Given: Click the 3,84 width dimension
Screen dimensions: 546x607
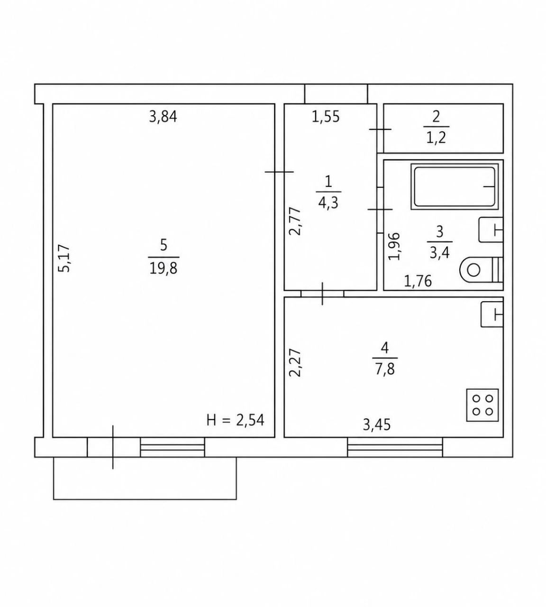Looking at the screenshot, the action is click(x=163, y=117).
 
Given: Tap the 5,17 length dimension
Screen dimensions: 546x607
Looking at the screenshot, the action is click(x=64, y=258).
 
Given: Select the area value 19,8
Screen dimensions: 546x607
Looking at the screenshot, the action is click(x=164, y=268).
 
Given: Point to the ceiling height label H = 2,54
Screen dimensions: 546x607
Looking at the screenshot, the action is click(x=236, y=420).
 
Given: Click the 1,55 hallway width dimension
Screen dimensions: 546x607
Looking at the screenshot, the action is click(x=326, y=117).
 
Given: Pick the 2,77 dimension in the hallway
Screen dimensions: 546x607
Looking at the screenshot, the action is click(x=295, y=221).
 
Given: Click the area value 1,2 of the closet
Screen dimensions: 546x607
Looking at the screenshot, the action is click(x=436, y=138).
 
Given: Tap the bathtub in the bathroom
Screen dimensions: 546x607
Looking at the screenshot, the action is click(x=455, y=186).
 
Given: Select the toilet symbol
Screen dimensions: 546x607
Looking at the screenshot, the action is click(x=481, y=270).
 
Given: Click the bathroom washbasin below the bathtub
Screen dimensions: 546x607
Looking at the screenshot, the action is click(x=491, y=230).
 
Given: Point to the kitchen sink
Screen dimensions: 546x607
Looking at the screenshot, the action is click(x=492, y=314).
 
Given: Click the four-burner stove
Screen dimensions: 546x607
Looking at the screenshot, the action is click(x=482, y=405).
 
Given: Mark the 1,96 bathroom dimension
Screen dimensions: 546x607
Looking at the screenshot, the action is click(x=394, y=246).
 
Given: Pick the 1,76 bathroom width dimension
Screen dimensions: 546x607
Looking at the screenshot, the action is click(x=418, y=281).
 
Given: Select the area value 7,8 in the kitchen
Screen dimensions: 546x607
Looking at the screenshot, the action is click(x=385, y=369).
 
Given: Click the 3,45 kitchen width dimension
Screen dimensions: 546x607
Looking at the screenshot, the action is click(x=377, y=424).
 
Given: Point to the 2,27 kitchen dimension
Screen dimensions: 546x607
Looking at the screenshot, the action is click(x=295, y=363).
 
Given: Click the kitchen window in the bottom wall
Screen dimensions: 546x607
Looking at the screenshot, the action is click(x=395, y=447).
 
